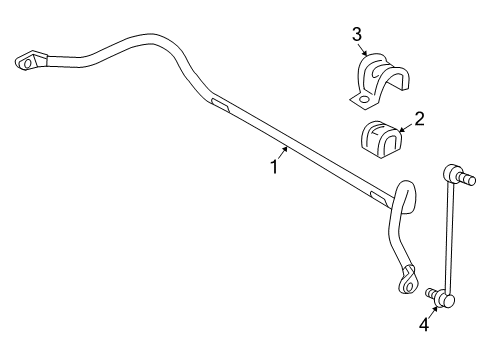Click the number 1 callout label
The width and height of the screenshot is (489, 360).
click(x=273, y=167)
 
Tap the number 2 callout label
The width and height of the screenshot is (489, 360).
click(x=420, y=119)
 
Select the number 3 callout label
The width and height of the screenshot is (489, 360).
click(x=357, y=34)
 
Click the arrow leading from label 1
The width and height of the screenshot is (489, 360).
click(x=283, y=154)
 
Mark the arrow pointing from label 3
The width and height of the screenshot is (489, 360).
click(x=365, y=50)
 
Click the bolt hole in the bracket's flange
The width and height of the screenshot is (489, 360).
click(x=363, y=98)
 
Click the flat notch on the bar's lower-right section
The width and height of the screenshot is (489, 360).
click(x=376, y=195)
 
